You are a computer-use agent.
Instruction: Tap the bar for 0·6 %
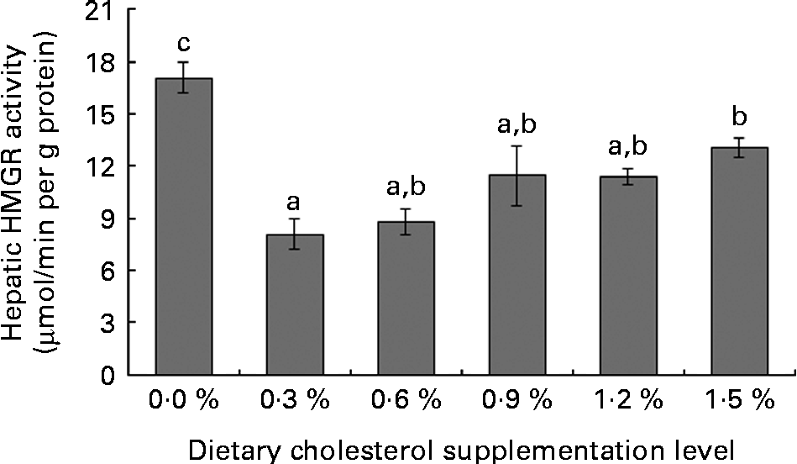click(x=406, y=298)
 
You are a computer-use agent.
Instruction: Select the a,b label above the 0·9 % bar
click(x=517, y=126)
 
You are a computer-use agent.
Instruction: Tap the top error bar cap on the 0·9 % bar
click(x=517, y=146)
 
